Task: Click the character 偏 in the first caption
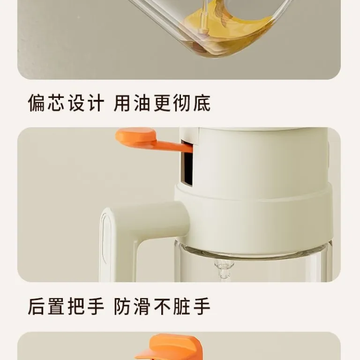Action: pos(36,103)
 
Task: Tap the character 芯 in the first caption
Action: pos(56,103)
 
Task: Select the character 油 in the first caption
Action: pos(142,103)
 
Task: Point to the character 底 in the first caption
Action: pos(202,103)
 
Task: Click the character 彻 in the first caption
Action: pos(182,103)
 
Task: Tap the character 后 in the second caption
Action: pos(36,306)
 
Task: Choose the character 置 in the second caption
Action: pos(56,306)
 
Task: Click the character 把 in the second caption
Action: pos(76,306)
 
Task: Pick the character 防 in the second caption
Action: pos(123,306)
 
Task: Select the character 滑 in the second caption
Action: pos(142,306)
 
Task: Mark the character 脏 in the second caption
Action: pos(182,306)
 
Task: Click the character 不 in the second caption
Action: pos(162,306)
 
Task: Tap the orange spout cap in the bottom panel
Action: pos(170,347)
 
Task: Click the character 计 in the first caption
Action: pos(96,103)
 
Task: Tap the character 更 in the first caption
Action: pos(162,103)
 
